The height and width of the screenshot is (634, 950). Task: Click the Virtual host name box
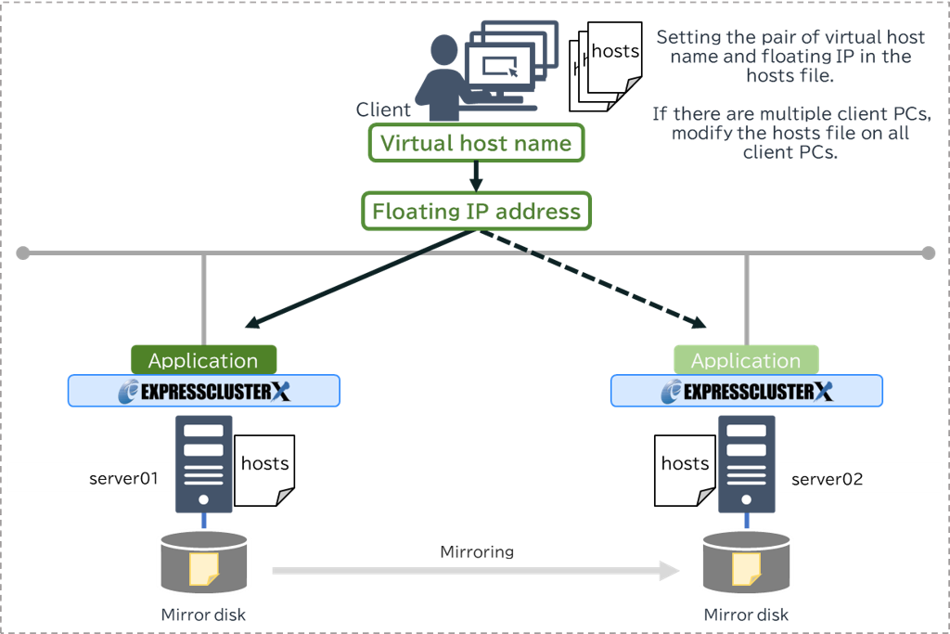pyautogui.click(x=476, y=143)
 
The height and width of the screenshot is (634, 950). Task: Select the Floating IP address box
pyautogui.click(x=476, y=211)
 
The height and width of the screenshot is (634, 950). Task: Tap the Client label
pyautogui.click(x=382, y=110)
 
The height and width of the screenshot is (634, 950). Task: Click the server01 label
pyautogui.click(x=123, y=479)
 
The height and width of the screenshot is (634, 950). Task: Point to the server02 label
pyautogui.click(x=827, y=479)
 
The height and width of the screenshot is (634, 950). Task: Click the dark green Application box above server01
pyautogui.click(x=203, y=360)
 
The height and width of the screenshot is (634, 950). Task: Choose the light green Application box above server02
pyautogui.click(x=746, y=360)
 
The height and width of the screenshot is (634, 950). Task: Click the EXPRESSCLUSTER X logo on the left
pyautogui.click(x=204, y=391)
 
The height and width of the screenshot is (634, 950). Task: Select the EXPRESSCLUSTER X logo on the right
pyautogui.click(x=747, y=391)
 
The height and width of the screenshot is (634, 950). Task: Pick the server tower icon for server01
pyautogui.click(x=204, y=463)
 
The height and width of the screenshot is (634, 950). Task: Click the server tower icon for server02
pyautogui.click(x=747, y=463)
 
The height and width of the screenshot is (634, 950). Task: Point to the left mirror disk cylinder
pyautogui.click(x=203, y=563)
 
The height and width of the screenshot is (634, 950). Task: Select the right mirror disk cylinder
pyautogui.click(x=747, y=563)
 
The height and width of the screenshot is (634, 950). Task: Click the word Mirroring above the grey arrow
pyautogui.click(x=476, y=551)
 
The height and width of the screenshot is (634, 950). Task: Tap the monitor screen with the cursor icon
pyautogui.click(x=500, y=67)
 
